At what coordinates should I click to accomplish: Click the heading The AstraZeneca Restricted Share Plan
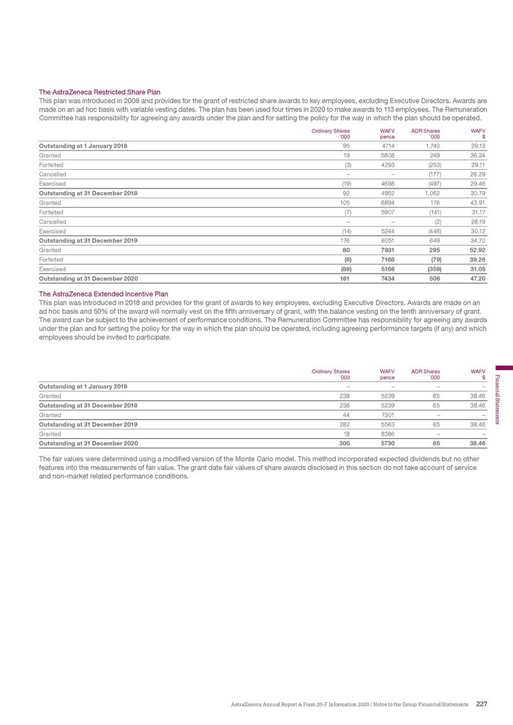coord(100,92)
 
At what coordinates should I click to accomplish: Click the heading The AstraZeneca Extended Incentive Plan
coord(104,294)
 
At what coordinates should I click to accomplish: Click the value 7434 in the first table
coord(387,279)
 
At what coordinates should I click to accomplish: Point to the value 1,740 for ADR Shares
coord(432,147)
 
